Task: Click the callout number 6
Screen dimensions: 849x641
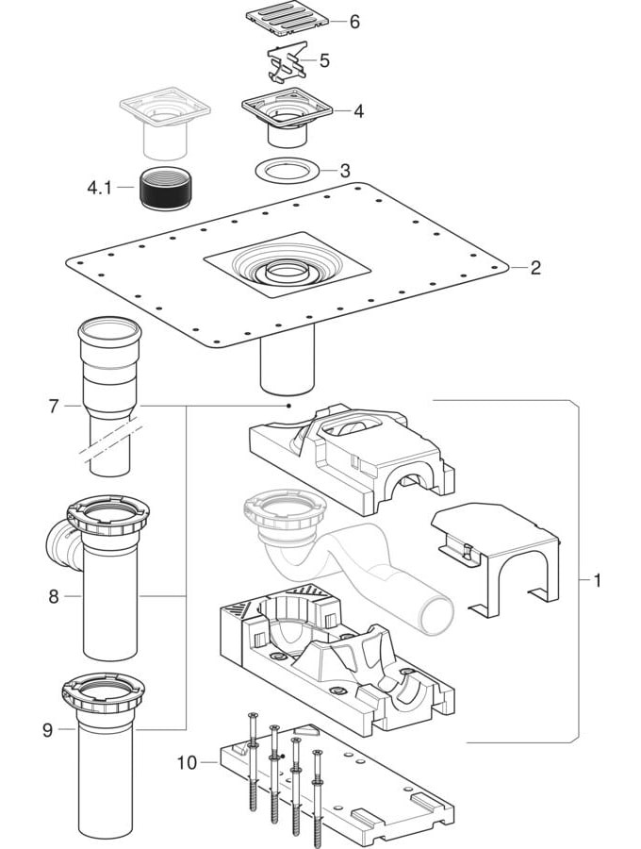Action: (354, 21)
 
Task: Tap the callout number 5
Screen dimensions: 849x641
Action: (324, 61)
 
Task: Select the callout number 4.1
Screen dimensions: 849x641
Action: (99, 188)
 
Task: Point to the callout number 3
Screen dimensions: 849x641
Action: (345, 171)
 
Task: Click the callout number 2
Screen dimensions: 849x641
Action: (534, 267)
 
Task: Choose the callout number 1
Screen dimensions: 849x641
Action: (598, 579)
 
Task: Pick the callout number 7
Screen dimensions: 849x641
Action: (54, 407)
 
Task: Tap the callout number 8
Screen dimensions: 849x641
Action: (54, 596)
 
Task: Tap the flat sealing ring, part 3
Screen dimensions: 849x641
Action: (284, 170)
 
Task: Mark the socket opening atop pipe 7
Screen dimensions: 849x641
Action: (109, 331)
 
